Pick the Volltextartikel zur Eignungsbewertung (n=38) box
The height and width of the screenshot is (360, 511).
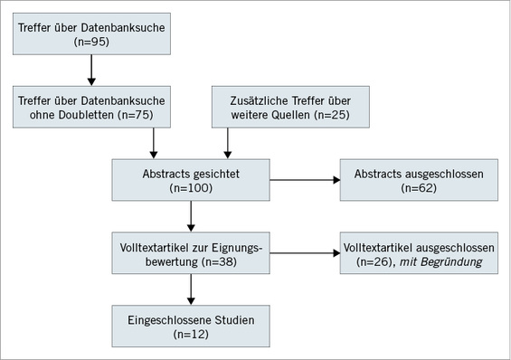coord(191,251)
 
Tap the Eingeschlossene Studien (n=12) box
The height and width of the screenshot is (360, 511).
coord(191,325)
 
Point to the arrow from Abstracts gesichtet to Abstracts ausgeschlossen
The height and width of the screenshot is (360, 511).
coord(305,180)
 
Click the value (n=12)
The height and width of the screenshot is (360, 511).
coord(191,333)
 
